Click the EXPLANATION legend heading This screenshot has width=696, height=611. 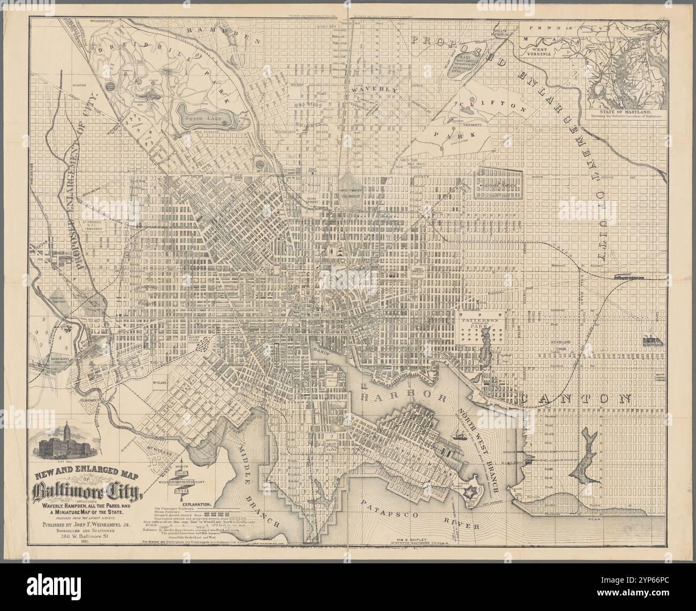198,504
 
